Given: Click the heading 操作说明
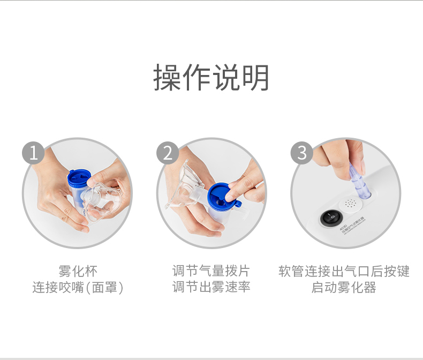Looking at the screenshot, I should point(211,78).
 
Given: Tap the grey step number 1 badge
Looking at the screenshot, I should point(33,153).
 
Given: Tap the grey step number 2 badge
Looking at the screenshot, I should point(168,153).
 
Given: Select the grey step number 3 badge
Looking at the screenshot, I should point(302,153).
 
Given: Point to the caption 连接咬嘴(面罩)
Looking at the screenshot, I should point(78,288).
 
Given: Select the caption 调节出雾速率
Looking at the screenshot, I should point(211,288).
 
